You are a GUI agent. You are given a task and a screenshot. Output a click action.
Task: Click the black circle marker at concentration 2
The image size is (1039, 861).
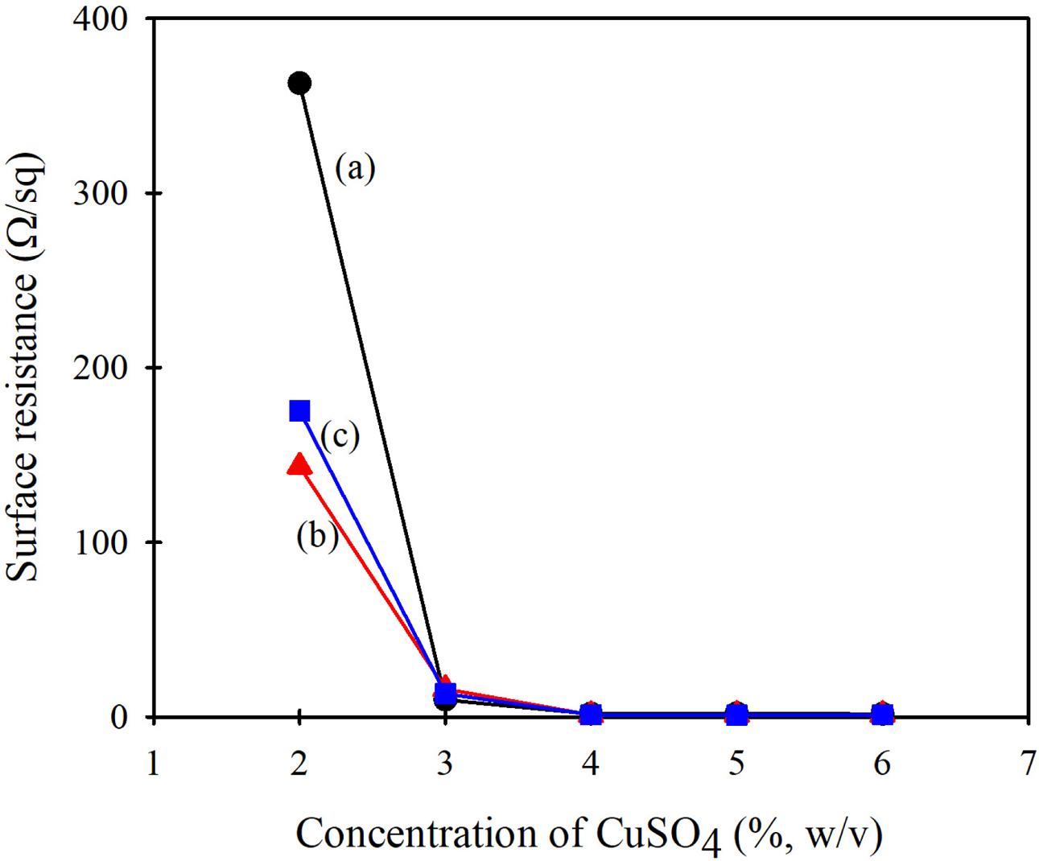point(299,83)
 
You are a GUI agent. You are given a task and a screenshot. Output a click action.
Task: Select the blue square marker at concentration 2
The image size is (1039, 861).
point(299,411)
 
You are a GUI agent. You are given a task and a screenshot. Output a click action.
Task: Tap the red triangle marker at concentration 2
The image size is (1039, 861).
point(299,464)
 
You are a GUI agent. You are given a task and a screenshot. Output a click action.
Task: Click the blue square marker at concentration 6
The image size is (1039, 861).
point(883,714)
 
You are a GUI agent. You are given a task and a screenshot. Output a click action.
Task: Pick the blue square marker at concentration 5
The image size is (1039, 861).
point(736,714)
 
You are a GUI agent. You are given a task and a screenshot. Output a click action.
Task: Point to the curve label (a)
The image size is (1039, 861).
point(355,168)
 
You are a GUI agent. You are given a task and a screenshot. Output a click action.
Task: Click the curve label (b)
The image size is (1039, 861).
point(317,536)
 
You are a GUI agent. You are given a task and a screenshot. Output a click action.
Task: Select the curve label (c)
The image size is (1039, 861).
point(340,435)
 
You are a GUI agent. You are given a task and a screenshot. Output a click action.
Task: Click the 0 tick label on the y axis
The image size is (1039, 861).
point(119,717)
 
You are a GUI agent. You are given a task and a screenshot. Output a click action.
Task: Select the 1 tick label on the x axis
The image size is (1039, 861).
point(154,763)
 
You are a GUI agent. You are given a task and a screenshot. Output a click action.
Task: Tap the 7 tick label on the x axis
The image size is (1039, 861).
point(1028,763)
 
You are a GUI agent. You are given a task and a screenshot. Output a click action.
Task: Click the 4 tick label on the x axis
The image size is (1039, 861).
point(591,763)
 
